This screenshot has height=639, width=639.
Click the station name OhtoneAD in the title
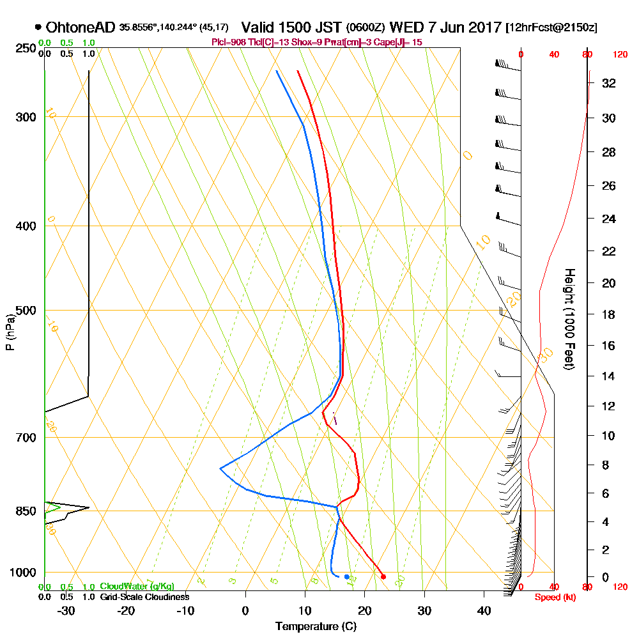coord(81,27)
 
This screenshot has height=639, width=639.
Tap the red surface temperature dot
coord(383,576)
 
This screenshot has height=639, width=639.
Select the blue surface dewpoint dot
coord(347,576)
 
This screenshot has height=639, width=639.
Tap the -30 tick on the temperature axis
coord(66,611)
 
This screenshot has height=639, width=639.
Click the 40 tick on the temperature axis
coord(484,611)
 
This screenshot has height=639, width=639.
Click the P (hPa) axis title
coord(10,332)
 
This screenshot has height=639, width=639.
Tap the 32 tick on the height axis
coord(608,82)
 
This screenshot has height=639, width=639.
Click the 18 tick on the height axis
coord(608,314)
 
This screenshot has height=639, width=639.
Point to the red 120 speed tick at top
coord(620,55)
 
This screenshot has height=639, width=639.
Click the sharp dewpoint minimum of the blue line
coord(220,468)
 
